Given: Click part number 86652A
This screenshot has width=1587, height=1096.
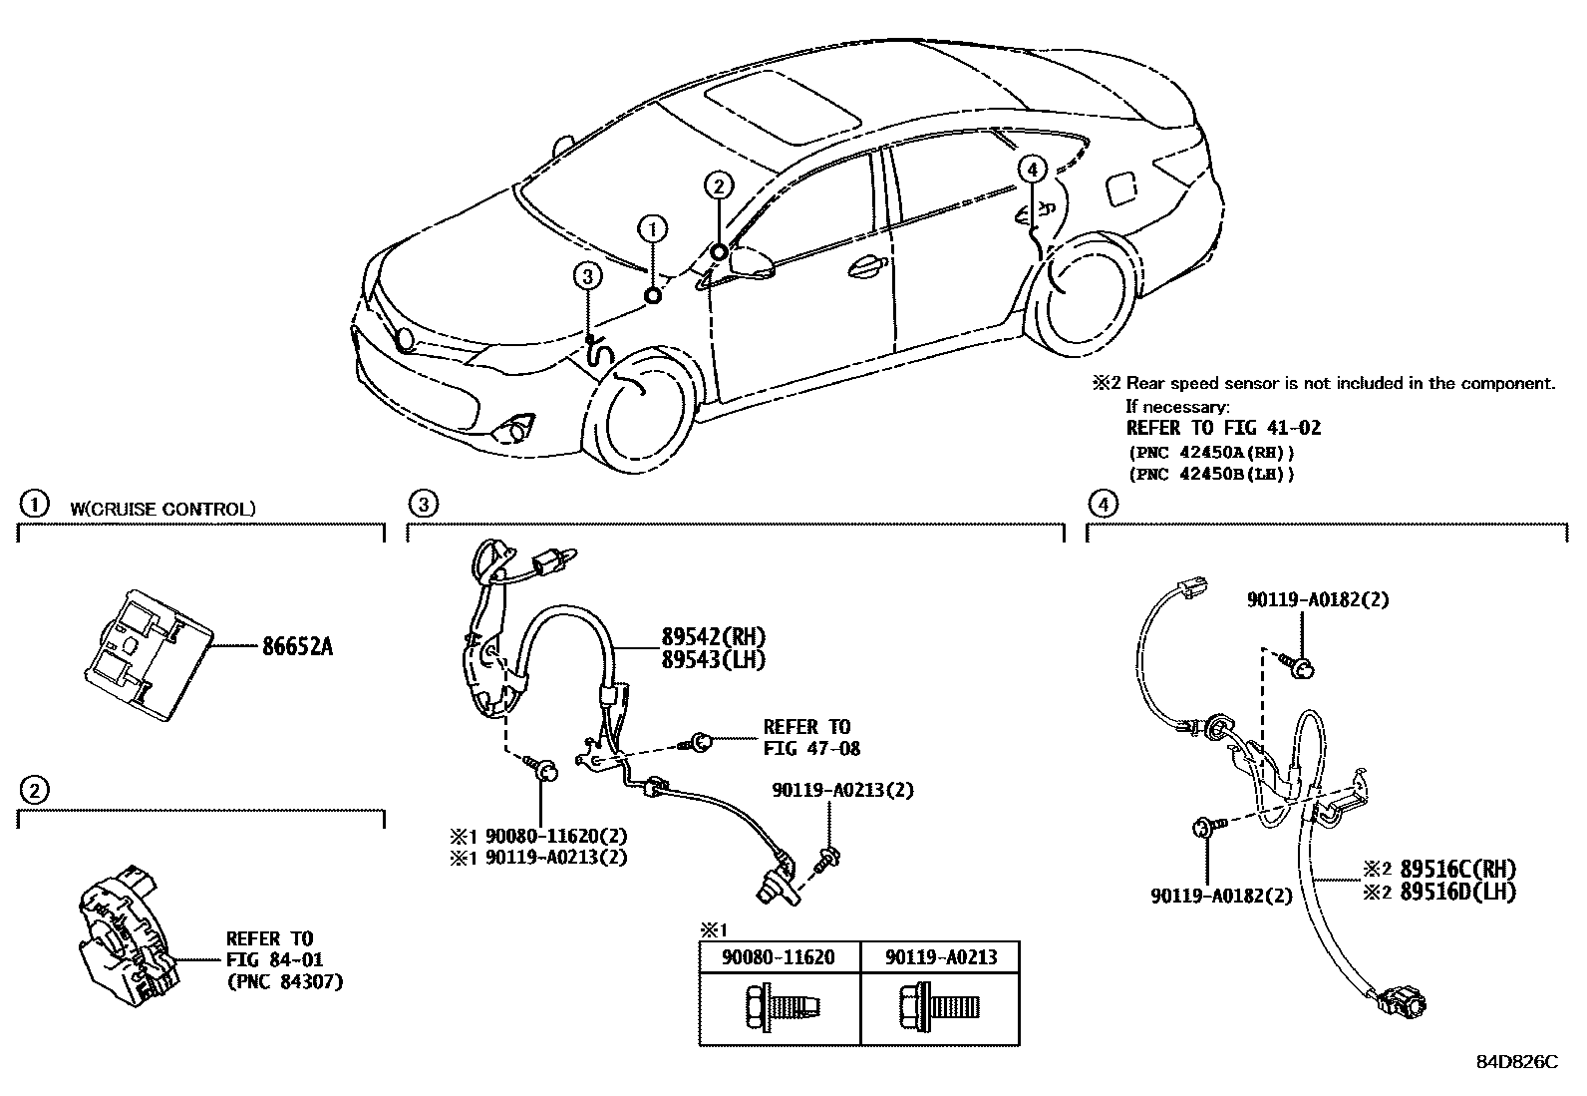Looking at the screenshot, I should (x=297, y=647).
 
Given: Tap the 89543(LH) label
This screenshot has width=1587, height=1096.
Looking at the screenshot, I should (x=713, y=659).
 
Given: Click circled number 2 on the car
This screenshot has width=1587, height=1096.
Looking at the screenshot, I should (x=719, y=184).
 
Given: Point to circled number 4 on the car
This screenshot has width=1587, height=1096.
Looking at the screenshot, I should (x=1033, y=170).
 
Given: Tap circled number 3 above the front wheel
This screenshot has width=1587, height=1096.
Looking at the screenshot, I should (x=587, y=276).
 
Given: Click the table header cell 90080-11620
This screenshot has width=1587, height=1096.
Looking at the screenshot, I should (x=779, y=957).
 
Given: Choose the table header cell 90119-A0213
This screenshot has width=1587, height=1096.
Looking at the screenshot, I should (x=940, y=957).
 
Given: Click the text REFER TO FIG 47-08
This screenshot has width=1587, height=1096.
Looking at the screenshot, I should (x=810, y=737).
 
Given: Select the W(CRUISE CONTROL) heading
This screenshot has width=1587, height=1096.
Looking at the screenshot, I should (x=162, y=509).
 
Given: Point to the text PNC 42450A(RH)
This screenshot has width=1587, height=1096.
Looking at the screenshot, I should (x=1210, y=452).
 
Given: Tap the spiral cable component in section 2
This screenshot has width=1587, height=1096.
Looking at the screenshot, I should (x=127, y=928).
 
